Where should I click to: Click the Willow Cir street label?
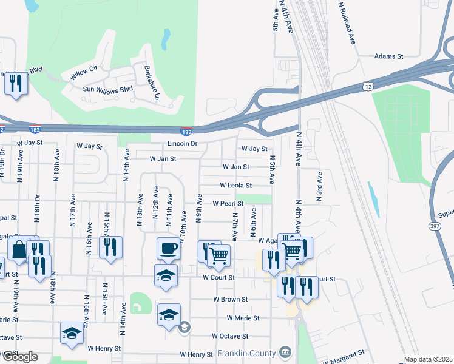(x=84, y=71)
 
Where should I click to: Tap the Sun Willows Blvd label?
(x=107, y=89)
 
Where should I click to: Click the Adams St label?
(x=388, y=56)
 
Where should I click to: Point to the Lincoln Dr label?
(x=183, y=144)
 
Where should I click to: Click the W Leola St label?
(x=235, y=185)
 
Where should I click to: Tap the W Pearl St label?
(x=228, y=204)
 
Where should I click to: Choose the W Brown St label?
(x=230, y=300)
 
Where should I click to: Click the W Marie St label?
(x=243, y=318)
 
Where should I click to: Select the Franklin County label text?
(x=248, y=352)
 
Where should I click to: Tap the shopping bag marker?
(x=19, y=249)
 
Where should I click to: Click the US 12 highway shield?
(x=368, y=87)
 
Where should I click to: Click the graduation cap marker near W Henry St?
(x=72, y=333)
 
